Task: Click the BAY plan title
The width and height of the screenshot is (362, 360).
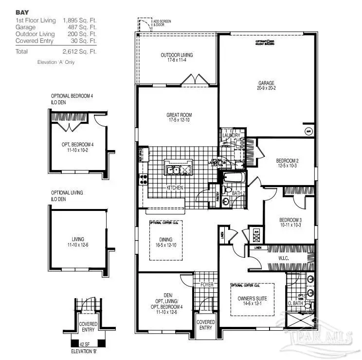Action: pos(22,12)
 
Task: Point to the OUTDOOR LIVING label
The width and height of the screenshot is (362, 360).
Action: pos(176,55)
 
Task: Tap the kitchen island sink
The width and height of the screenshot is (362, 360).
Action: pos(176,170)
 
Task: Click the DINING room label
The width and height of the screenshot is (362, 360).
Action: pos(167,239)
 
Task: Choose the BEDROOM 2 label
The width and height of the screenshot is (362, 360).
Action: pos(287,161)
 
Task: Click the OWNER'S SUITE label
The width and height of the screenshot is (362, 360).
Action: pos(252,298)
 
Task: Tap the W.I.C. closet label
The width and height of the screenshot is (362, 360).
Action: pos(284,257)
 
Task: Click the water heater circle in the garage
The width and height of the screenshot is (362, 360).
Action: pos(308,131)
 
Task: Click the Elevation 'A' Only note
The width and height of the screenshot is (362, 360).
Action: pos(56,62)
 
